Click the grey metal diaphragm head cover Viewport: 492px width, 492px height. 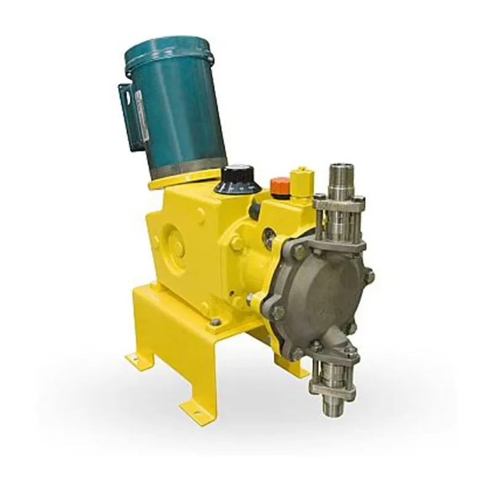(320, 289)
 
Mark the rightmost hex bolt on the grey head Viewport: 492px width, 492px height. (369, 277)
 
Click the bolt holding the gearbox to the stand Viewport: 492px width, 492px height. (214, 321)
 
